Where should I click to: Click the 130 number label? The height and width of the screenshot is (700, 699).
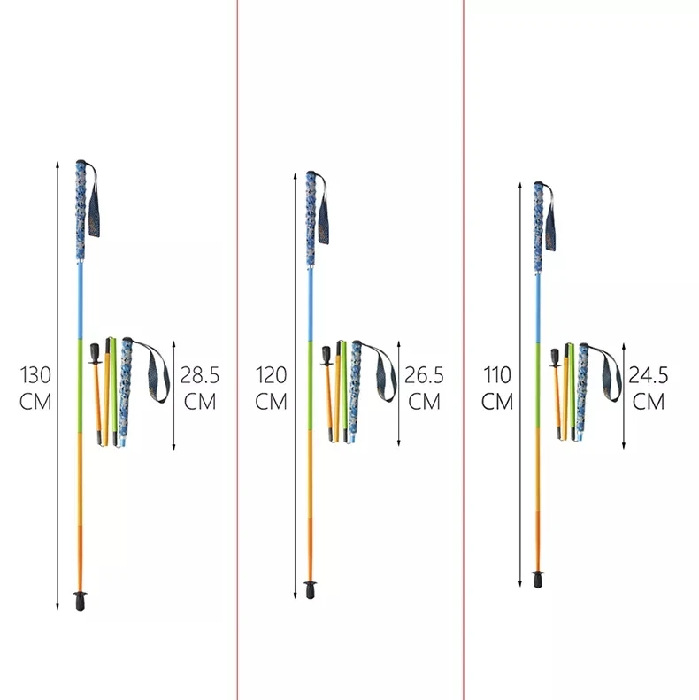[35, 375]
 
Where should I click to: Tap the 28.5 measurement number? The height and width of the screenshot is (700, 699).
[199, 375]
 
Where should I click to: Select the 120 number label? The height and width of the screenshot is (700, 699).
[271, 375]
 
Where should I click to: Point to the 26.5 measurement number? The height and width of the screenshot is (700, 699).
[424, 375]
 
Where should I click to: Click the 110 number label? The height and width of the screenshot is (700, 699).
[497, 375]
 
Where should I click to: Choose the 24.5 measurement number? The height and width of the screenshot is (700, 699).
[648, 375]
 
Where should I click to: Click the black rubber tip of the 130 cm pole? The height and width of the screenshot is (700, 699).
[81, 601]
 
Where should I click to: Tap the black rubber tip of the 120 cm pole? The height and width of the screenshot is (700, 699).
[310, 589]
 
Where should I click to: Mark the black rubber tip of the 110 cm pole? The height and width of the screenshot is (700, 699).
[538, 579]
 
